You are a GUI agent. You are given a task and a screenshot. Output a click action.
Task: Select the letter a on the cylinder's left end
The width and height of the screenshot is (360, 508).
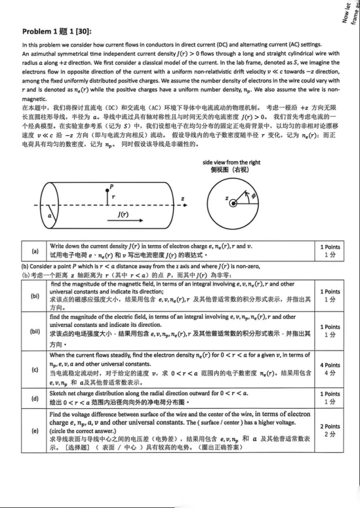pyautogui.click(x=50, y=214)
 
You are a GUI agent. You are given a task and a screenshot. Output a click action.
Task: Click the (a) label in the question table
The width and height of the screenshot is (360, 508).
pyautogui.click(x=35, y=250)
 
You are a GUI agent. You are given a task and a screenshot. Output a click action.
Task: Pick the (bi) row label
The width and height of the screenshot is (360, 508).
pyautogui.click(x=35, y=296)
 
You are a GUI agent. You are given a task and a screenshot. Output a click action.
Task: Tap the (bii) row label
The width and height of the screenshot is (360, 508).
pyautogui.click(x=35, y=331)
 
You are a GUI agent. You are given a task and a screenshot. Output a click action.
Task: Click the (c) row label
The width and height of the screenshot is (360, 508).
pyautogui.click(x=35, y=369)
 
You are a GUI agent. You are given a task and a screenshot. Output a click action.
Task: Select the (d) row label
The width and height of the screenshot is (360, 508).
pyautogui.click(x=35, y=398)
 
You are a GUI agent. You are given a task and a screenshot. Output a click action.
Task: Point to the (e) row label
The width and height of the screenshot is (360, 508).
pyautogui.click(x=35, y=430)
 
